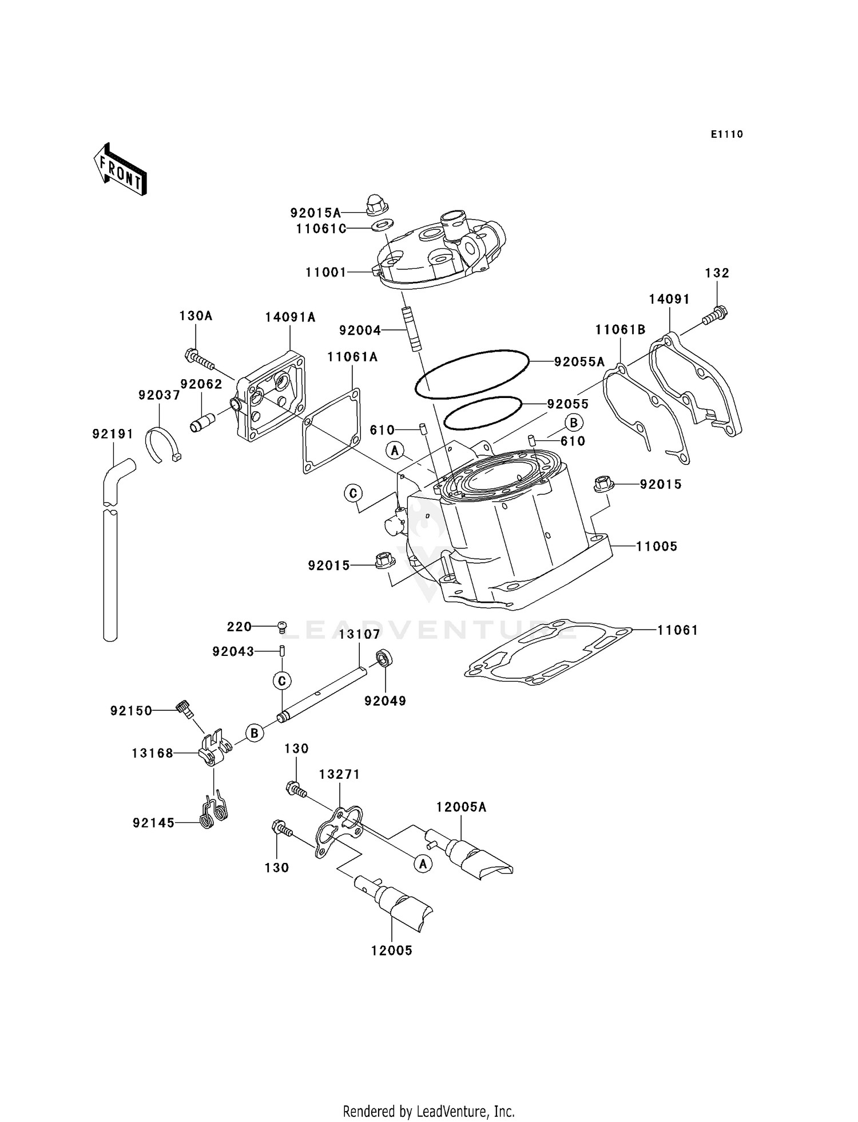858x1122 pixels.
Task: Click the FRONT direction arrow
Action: click(x=120, y=170)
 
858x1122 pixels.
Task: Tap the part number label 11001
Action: click(x=325, y=273)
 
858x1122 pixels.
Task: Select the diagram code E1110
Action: click(x=726, y=134)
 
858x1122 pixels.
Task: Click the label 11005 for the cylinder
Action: click(x=657, y=547)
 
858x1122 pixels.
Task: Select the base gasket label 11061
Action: click(x=677, y=630)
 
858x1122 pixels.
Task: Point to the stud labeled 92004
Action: click(x=410, y=330)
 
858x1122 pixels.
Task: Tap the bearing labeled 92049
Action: click(x=384, y=659)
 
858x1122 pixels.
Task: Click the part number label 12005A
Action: click(x=461, y=807)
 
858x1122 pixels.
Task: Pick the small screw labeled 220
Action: click(x=281, y=626)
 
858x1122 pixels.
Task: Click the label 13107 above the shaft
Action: click(x=359, y=634)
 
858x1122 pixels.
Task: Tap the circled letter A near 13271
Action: click(x=423, y=864)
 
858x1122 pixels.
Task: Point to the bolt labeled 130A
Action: click(x=199, y=359)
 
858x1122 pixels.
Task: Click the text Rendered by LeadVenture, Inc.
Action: click(x=428, y=1111)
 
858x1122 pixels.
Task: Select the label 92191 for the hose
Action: click(x=113, y=434)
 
